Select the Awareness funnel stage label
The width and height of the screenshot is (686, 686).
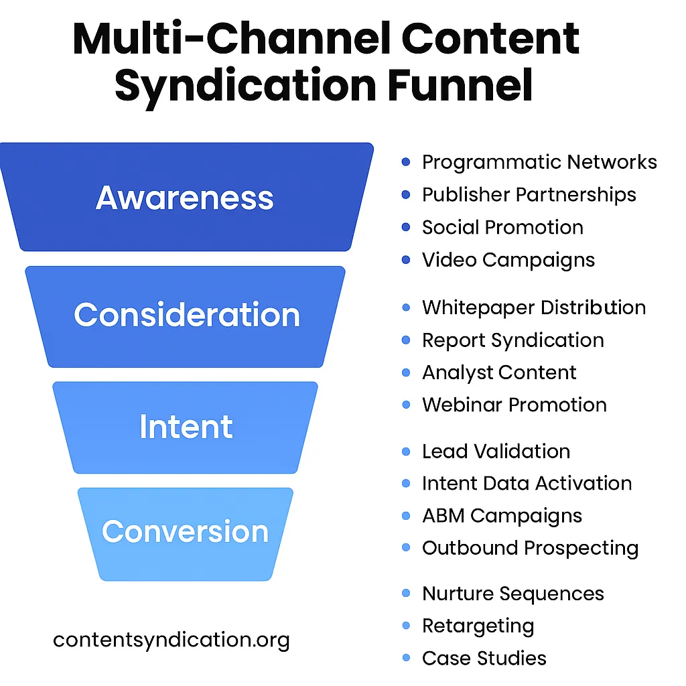point(184,198)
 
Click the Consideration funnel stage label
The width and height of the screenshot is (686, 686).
point(187,315)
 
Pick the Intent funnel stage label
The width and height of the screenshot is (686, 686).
point(186,427)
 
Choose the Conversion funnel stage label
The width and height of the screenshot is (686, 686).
point(185,532)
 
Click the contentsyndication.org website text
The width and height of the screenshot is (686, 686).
point(171,640)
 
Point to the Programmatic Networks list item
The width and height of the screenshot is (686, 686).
point(539,163)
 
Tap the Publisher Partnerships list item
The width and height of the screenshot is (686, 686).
point(529,195)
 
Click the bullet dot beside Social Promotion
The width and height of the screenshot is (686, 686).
point(405,227)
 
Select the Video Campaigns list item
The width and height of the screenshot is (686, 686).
point(508,260)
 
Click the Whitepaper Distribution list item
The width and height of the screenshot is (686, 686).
point(533,308)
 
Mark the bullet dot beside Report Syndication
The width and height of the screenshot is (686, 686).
point(405,340)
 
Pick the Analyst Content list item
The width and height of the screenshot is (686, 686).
point(499,372)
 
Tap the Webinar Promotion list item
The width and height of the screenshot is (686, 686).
point(514,405)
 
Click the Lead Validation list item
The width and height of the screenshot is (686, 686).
point(496,452)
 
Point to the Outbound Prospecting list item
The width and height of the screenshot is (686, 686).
point(530,548)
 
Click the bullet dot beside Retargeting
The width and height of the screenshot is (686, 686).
point(405,626)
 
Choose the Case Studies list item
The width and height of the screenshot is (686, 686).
point(484,658)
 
